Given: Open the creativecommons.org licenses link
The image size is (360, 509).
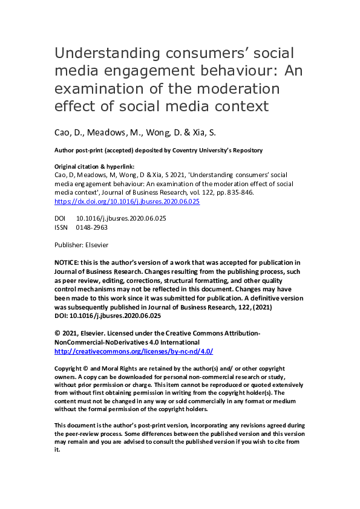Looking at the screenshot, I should pos(133,351).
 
